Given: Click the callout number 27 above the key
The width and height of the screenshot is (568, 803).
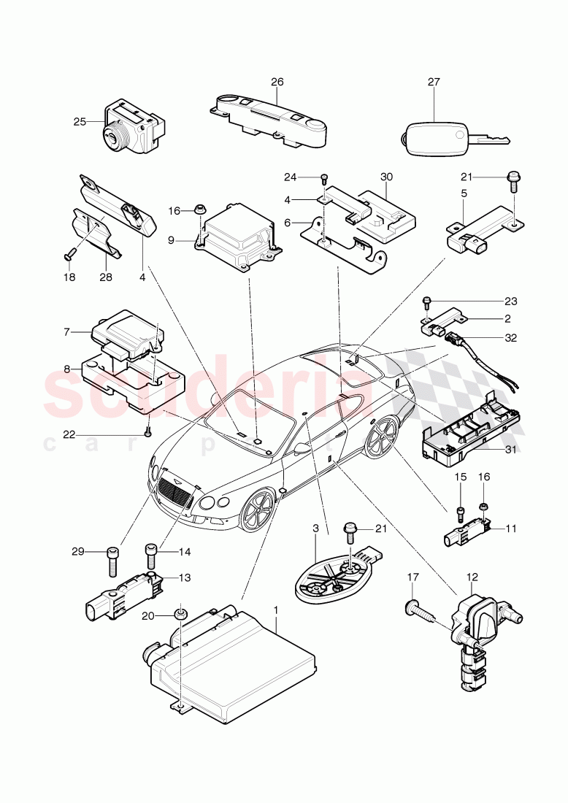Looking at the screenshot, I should coord(434,82).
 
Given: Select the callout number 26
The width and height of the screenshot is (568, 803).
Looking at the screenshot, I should coord(277,82).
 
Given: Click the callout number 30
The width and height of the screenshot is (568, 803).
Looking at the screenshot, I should coord(386,177).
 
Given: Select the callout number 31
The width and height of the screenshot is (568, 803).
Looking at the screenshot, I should coord(510,449).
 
